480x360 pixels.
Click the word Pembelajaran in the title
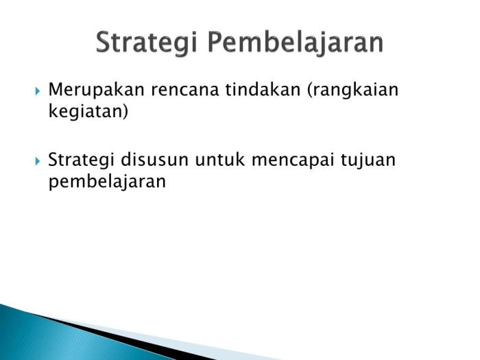[296, 43]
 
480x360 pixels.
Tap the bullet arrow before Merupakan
[38, 91]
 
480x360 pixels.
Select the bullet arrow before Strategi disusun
[38, 161]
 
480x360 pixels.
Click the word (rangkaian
[352, 91]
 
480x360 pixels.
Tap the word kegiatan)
[88, 111]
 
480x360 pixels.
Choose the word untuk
[221, 160]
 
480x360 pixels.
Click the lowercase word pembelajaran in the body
[107, 182]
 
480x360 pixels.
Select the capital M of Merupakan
[56, 91]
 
